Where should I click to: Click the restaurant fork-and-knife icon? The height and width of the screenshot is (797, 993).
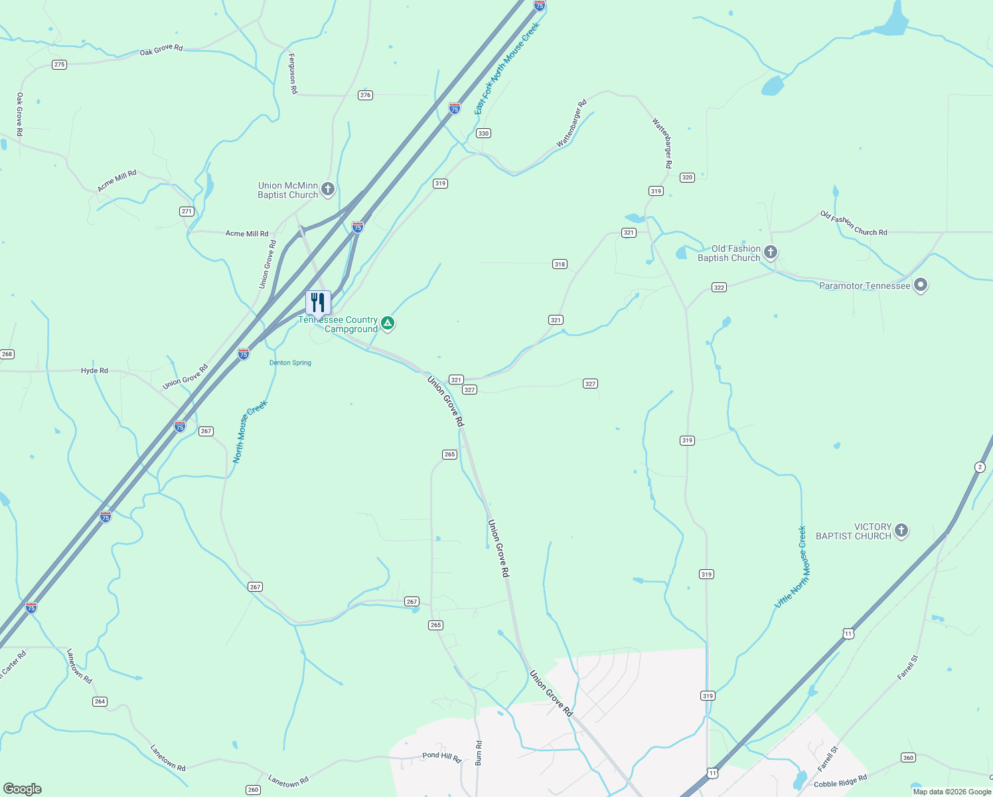pyautogui.click(x=318, y=302)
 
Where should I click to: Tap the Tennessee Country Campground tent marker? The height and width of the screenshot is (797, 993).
pyautogui.click(x=388, y=323)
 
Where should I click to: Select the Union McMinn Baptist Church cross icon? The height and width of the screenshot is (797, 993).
pyautogui.click(x=328, y=190)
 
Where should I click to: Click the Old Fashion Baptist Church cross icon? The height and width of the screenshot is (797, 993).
pyautogui.click(x=771, y=252)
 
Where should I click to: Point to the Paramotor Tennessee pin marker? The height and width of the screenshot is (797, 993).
pyautogui.click(x=920, y=286)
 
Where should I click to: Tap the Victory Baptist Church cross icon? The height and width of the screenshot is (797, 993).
pyautogui.click(x=901, y=531)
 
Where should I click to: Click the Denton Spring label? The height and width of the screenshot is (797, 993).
pyautogui.click(x=290, y=363)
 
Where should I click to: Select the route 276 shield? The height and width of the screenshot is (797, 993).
pyautogui.click(x=365, y=95)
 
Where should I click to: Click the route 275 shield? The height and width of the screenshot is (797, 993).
pyautogui.click(x=60, y=64)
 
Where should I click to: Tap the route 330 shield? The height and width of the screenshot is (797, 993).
pyautogui.click(x=483, y=133)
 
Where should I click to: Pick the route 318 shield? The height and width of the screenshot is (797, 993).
pyautogui.click(x=560, y=264)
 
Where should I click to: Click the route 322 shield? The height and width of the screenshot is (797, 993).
pyautogui.click(x=719, y=288)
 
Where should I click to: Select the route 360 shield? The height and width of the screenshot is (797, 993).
pyautogui.click(x=908, y=758)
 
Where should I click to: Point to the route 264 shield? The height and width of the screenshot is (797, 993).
pyautogui.click(x=100, y=701)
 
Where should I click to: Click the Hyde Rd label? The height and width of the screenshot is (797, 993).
pyautogui.click(x=94, y=371)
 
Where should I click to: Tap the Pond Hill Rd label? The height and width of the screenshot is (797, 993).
pyautogui.click(x=441, y=757)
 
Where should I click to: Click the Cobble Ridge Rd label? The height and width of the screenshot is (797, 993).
pyautogui.click(x=840, y=782)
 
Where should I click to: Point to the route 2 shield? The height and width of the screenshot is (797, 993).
pyautogui.click(x=980, y=467)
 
